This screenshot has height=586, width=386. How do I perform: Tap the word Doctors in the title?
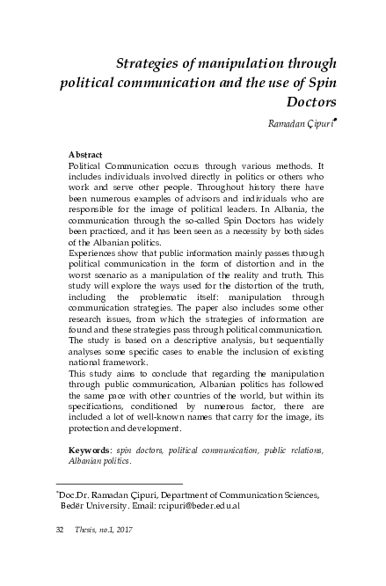click(299, 104)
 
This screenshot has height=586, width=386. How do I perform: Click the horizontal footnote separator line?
click(119, 485)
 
